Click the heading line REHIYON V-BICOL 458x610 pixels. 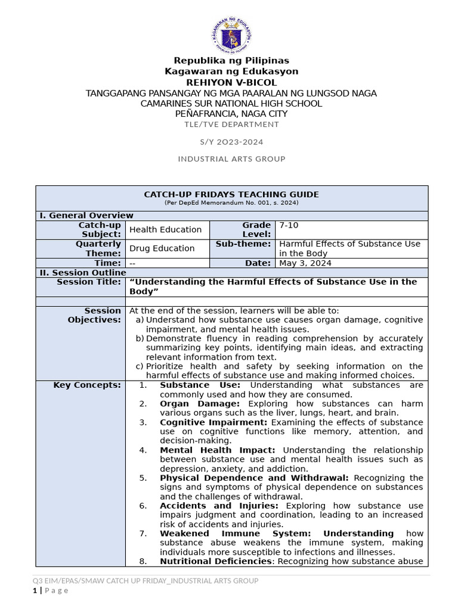231,82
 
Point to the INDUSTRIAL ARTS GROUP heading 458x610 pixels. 231,159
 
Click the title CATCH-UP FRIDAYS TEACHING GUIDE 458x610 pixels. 231,194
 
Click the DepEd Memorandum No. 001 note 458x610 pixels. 231,203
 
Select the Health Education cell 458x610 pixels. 165,230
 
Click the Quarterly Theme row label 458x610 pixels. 98,248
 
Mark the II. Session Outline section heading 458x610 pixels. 82,273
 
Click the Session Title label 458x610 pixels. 88,282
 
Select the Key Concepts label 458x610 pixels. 87,385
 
